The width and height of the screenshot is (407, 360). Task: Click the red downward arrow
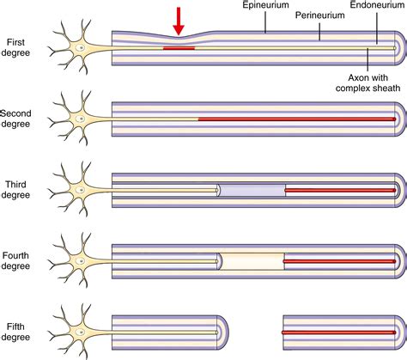click(x=179, y=21)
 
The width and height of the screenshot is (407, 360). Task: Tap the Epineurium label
click(x=265, y=5)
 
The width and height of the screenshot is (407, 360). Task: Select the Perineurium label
click(x=319, y=15)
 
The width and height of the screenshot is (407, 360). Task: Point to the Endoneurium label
click(x=377, y=5)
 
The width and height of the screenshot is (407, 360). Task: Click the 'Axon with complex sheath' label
click(x=368, y=82)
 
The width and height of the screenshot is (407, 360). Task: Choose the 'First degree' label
click(x=15, y=47)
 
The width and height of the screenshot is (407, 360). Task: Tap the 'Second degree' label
click(x=15, y=119)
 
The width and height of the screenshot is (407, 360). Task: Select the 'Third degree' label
click(x=15, y=190)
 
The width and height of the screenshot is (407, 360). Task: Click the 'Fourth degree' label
click(x=15, y=260)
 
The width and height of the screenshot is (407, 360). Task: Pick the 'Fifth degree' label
click(x=15, y=332)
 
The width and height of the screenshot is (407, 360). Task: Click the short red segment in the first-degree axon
click(x=179, y=48)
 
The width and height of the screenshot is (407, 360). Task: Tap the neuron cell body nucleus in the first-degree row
click(x=81, y=48)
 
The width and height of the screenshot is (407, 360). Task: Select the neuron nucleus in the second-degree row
click(x=81, y=119)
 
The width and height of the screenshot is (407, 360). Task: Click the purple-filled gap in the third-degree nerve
click(x=252, y=190)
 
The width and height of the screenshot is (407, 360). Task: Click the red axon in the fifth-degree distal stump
click(x=339, y=333)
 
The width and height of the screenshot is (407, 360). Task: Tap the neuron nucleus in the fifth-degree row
click(x=81, y=333)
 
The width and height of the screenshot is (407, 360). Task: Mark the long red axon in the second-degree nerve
click(x=297, y=119)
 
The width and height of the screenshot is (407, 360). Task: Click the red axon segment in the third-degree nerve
click(x=341, y=190)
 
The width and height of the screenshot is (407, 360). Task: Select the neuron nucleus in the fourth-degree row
click(x=81, y=261)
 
